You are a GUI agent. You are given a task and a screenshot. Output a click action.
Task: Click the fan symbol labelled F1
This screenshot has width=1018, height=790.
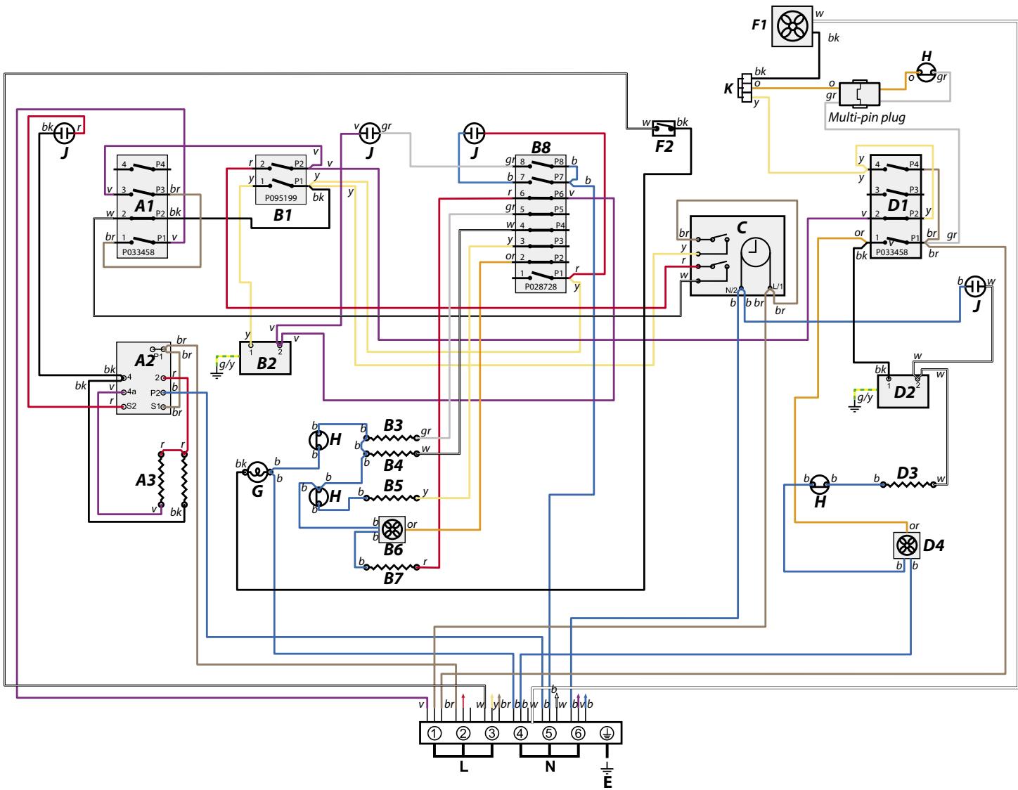[x=792, y=26]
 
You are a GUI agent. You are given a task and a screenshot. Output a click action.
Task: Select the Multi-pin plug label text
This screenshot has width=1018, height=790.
[x=866, y=117]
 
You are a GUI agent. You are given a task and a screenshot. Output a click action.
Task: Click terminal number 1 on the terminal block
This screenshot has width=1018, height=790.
[x=434, y=733]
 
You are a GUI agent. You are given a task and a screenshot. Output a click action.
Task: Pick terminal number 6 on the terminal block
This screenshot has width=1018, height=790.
[x=578, y=733]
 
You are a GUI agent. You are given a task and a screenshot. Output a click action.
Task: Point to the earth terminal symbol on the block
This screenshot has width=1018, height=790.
[x=607, y=733]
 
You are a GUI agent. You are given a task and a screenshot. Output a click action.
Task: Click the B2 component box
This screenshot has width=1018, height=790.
[x=265, y=358]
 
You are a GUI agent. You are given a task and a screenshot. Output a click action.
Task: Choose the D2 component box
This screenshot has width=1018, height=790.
[x=903, y=390]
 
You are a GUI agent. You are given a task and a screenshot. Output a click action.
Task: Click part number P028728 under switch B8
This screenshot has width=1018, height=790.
[x=541, y=286]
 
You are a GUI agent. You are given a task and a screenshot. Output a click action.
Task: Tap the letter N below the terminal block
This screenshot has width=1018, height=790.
[x=550, y=767]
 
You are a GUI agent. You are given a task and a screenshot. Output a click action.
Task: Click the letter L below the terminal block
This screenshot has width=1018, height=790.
[x=463, y=767]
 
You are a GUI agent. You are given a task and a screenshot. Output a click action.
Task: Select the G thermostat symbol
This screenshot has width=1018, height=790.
[x=257, y=472]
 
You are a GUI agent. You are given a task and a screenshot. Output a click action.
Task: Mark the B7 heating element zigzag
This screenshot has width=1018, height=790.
[x=392, y=566]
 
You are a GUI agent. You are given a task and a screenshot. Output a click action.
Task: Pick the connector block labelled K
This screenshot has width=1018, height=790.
[x=745, y=88]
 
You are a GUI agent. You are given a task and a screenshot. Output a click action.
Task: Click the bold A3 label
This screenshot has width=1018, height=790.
[x=146, y=480]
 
